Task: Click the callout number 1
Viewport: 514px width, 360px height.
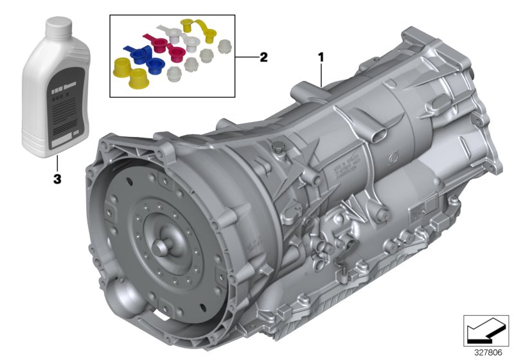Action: (320, 57)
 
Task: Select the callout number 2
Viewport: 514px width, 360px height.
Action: (263, 57)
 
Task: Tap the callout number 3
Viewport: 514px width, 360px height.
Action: (57, 180)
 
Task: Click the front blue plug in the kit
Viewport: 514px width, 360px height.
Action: (154, 66)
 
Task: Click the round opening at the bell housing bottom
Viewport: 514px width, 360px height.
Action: (123, 302)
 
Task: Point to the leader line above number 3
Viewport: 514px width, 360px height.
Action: (57, 164)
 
